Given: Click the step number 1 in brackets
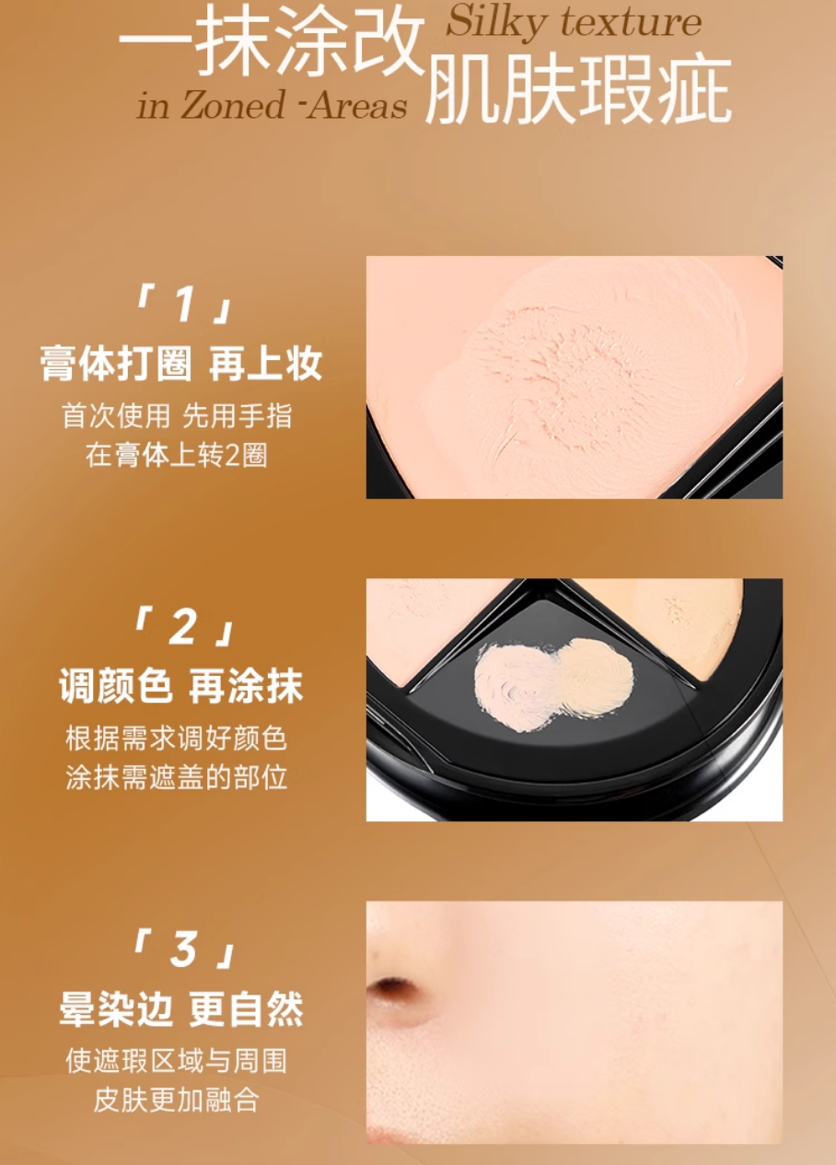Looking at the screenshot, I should [x=183, y=305].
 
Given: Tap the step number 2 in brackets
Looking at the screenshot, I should [x=183, y=628].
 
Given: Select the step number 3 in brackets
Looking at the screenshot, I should [x=183, y=949].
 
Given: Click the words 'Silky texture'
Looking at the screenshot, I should [x=574, y=22].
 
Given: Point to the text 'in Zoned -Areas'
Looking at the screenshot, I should [x=272, y=106].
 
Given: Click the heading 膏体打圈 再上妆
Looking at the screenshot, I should [x=181, y=365].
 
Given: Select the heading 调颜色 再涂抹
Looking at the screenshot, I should [x=181, y=687].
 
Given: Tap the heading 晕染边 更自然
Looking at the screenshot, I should [x=181, y=1009].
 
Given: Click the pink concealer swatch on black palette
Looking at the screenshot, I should [x=515, y=686].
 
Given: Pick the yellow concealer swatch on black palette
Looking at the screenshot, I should [x=596, y=676].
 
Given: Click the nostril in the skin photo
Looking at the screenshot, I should [x=394, y=990].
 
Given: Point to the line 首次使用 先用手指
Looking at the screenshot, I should [x=177, y=415].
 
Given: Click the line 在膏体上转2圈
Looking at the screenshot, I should [x=177, y=455].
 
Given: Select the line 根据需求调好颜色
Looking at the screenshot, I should [x=177, y=738].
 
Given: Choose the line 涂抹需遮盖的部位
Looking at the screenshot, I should [x=177, y=777].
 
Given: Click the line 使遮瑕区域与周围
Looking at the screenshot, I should [x=177, y=1060].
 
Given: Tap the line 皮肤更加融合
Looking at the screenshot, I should [x=177, y=1100].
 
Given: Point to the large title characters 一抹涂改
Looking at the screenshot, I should [x=272, y=44].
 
